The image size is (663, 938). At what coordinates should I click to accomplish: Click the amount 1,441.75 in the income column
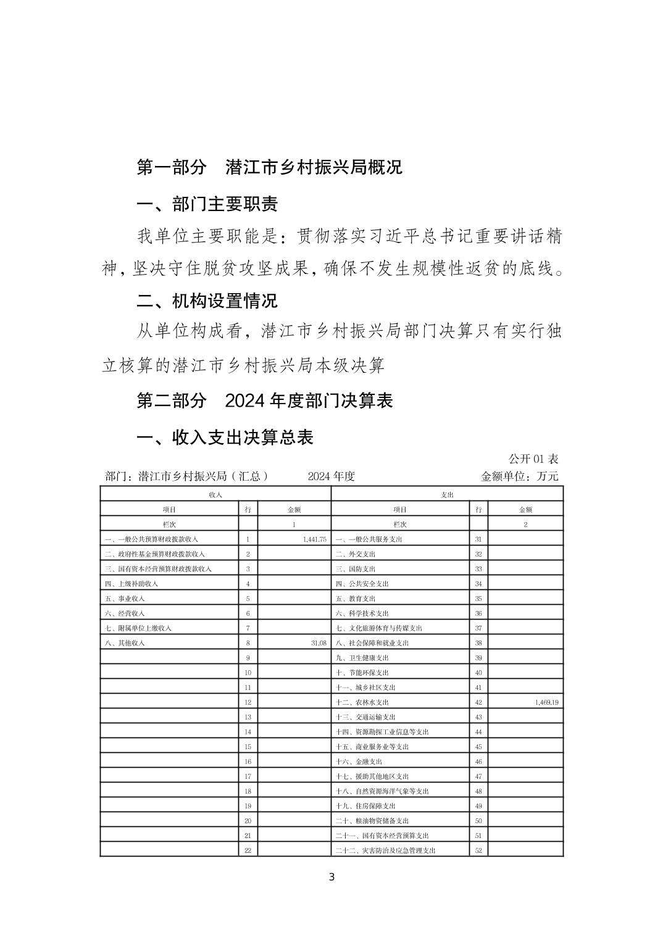tap(314, 539)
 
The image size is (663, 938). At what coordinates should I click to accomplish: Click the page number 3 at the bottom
tap(331, 878)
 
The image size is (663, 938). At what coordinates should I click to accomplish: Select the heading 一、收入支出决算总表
tap(225, 438)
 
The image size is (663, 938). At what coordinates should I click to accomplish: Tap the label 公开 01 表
tap(533, 459)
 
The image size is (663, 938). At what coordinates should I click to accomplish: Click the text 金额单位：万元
tap(519, 476)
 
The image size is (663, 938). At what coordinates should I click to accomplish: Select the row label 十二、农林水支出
tap(362, 702)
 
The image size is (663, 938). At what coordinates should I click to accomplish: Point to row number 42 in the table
tap(478, 702)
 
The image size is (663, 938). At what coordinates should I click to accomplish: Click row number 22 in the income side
tap(248, 850)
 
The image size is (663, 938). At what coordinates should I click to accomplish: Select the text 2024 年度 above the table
tap(331, 476)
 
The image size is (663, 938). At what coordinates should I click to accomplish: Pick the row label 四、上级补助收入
tap(131, 584)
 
